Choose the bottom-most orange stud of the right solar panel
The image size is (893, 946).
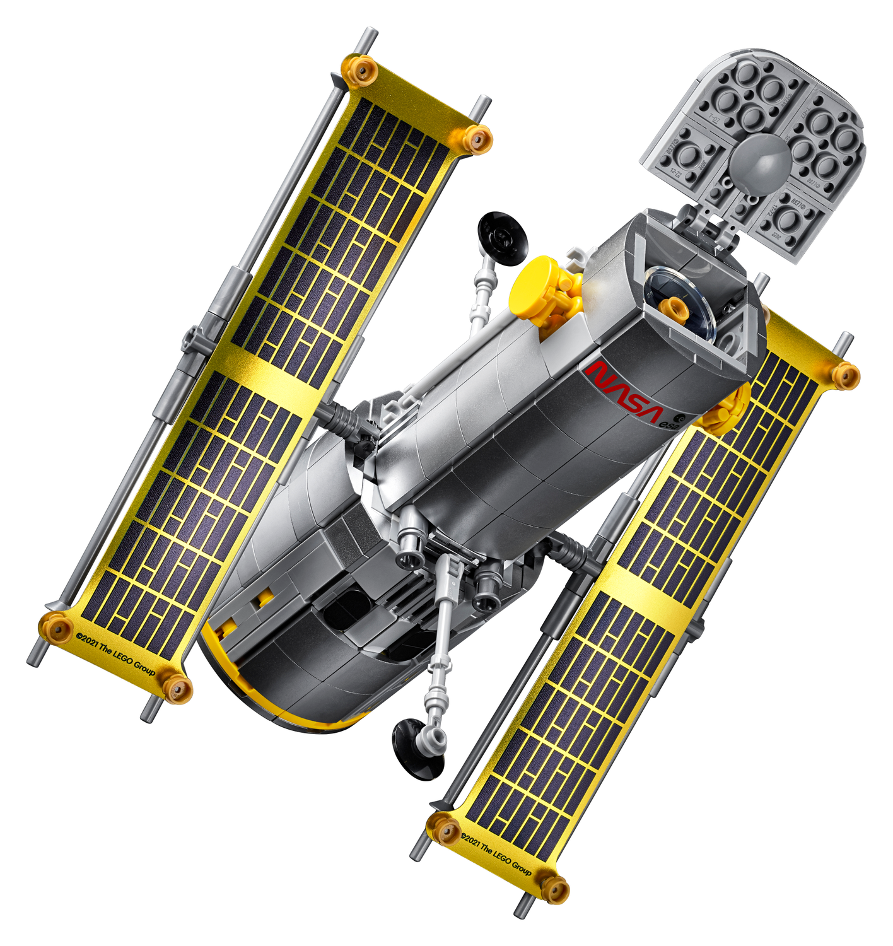tap(554, 889)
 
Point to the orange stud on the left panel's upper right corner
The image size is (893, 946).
tap(477, 137)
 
